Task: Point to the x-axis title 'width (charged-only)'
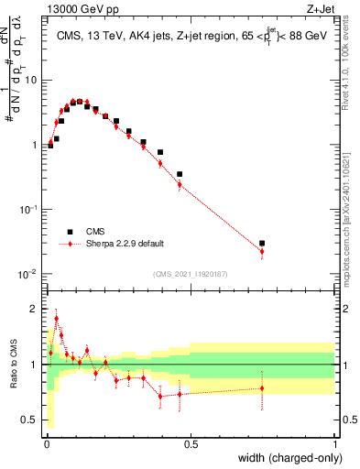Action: [291, 459]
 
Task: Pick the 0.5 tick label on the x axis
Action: [191, 444]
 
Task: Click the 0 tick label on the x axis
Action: [46, 444]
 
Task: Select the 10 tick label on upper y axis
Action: [31, 80]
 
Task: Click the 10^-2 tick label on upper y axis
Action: [28, 274]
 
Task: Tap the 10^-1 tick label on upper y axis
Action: [28, 210]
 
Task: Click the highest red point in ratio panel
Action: [56, 319]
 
